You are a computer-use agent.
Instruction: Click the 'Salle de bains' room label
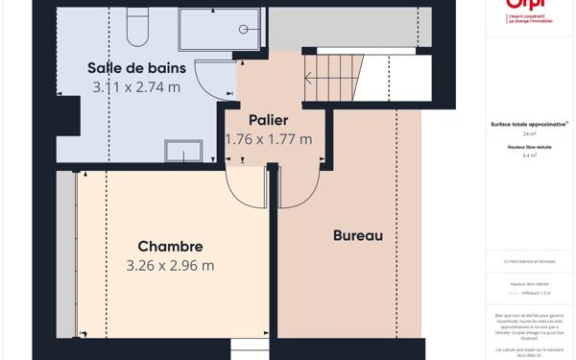136,67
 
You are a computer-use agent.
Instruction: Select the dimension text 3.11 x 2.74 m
136,87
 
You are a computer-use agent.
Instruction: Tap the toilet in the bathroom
137,28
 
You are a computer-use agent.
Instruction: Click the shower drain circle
244,30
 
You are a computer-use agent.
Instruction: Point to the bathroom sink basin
183,151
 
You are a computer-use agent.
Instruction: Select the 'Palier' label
268,120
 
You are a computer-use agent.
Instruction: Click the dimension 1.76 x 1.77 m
268,139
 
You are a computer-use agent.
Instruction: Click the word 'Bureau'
357,235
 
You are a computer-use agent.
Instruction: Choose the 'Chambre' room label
170,247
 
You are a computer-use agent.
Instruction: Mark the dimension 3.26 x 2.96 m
170,266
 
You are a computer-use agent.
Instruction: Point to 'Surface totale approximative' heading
529,124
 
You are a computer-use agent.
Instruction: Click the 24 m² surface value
529,134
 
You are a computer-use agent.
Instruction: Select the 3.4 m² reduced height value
529,156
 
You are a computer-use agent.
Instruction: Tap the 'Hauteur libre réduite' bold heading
529,146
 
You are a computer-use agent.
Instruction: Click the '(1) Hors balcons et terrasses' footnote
529,261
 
